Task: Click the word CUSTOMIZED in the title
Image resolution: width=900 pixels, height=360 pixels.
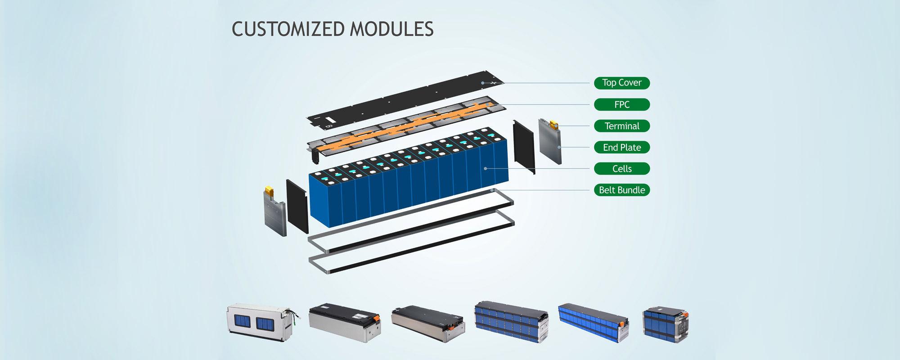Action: point(288,29)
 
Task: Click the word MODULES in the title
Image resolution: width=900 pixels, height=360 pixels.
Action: point(391,29)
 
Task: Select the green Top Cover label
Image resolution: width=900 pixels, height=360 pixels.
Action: point(622,83)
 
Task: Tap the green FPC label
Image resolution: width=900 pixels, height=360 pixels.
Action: point(622,104)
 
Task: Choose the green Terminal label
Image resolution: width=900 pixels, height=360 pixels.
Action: point(622,126)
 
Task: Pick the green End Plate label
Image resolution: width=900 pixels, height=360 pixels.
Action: point(622,147)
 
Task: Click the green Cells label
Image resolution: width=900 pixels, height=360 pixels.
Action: point(622,169)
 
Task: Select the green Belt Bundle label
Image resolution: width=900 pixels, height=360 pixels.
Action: point(622,190)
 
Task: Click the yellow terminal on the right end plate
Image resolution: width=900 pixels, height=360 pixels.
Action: point(554,125)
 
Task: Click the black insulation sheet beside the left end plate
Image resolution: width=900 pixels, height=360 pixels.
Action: point(297,206)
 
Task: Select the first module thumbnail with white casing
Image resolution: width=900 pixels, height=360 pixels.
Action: point(260,322)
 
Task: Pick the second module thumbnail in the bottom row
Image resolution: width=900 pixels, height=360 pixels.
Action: point(345,322)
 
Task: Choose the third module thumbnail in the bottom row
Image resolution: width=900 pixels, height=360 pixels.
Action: point(427,323)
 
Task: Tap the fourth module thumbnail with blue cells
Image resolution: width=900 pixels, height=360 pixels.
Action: point(511,322)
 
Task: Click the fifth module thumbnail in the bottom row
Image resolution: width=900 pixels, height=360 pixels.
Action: point(593,322)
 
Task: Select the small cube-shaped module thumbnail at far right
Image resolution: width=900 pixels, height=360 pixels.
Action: point(666,324)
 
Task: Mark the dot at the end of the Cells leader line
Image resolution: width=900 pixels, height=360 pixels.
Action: point(486,168)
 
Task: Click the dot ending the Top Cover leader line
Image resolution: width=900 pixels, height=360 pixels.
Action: point(483,83)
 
